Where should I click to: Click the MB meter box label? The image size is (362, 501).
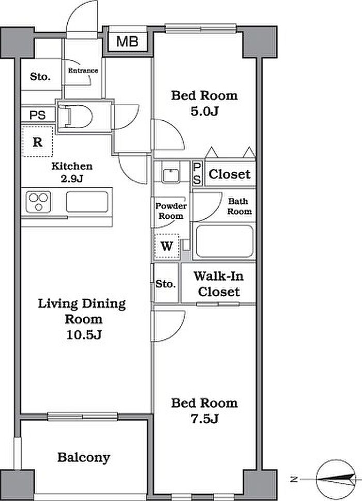[127, 42]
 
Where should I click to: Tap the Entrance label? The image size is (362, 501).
[83, 70]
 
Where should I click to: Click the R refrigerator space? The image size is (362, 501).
[37, 141]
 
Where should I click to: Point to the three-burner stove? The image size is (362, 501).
[38, 202]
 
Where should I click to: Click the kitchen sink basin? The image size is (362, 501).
[87, 202]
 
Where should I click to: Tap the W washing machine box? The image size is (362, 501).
[167, 246]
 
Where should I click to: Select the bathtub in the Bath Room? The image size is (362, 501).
[224, 241]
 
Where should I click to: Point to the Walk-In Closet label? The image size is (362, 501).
[219, 284]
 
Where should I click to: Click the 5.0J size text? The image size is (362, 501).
[205, 111]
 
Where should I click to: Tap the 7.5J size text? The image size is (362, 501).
[205, 418]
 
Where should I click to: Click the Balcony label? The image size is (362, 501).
[84, 458]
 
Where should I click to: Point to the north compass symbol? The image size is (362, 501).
[336, 479]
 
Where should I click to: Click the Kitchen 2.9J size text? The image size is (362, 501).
[72, 179]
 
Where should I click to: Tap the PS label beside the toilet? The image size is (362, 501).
[37, 115]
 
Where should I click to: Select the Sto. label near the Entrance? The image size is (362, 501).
[40, 77]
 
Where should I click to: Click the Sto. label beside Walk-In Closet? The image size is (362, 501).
[165, 284]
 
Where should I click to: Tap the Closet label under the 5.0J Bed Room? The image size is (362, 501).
[230, 174]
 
